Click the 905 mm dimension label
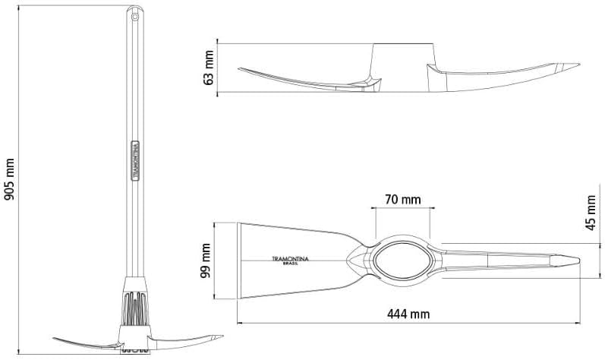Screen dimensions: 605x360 point(9,179)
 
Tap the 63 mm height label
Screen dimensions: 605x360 point(209,68)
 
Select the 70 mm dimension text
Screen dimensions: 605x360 point(403,200)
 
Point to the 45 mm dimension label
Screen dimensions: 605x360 point(591,213)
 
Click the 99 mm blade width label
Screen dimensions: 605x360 point(205,261)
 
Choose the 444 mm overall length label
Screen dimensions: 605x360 point(408,314)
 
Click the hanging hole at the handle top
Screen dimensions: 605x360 point(134,17)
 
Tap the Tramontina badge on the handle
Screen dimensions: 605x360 point(135,160)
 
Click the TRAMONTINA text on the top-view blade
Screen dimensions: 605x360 point(290,259)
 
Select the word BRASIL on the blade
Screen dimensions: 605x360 point(291,264)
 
